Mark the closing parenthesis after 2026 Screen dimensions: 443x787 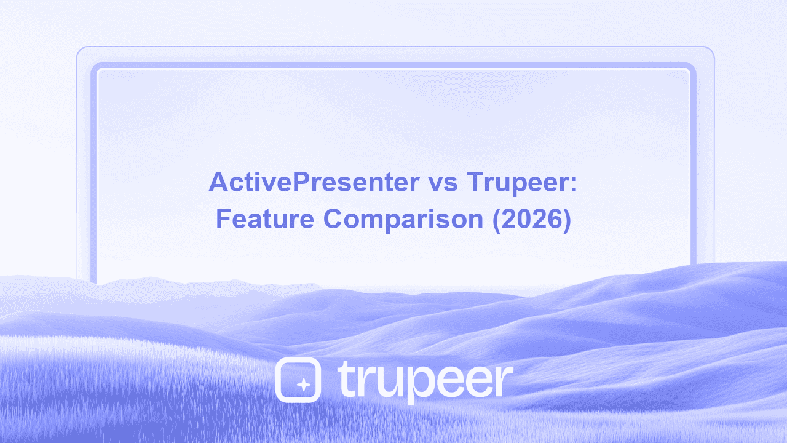(567, 220)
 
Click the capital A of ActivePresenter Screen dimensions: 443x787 (218, 183)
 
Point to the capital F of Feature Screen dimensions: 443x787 (223, 220)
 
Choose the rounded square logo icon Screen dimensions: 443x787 (298, 380)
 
